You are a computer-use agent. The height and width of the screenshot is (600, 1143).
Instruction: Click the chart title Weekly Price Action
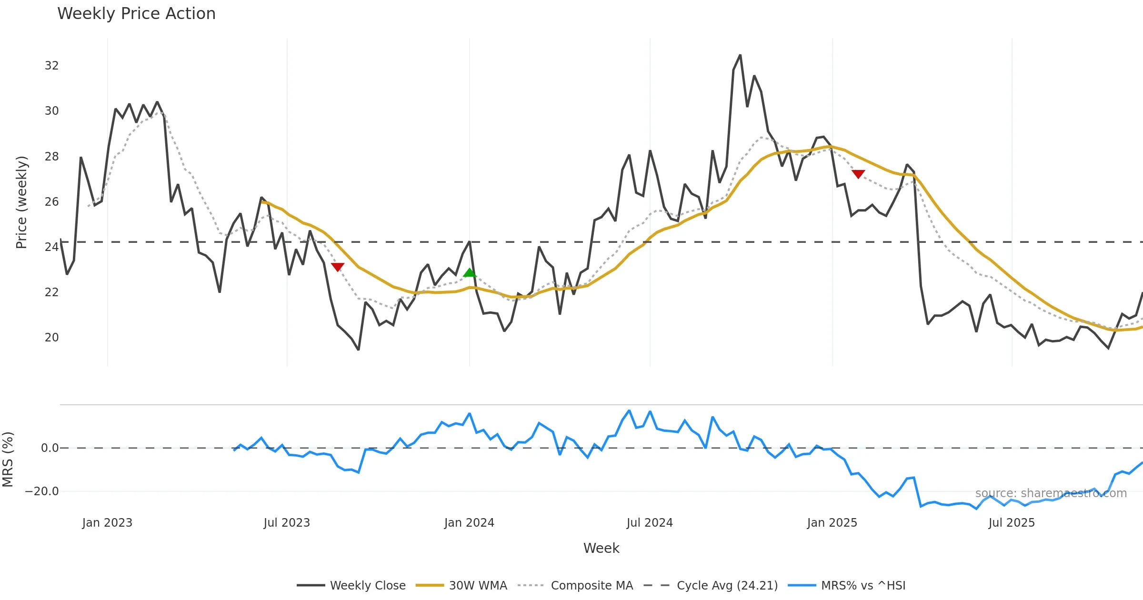click(136, 14)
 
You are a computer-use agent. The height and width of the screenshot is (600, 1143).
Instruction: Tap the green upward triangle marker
click(470, 272)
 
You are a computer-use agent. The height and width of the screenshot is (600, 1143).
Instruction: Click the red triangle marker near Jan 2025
click(858, 174)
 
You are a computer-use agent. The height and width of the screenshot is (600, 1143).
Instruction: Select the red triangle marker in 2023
click(338, 267)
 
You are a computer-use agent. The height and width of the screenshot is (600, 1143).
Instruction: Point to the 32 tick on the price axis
click(51, 66)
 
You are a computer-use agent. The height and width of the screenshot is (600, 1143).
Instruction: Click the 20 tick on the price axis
click(51, 338)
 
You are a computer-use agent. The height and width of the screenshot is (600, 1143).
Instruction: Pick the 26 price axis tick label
click(51, 202)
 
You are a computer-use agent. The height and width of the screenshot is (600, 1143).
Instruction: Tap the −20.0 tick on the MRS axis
click(42, 491)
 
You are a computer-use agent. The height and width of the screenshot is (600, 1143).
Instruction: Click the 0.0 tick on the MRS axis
click(50, 448)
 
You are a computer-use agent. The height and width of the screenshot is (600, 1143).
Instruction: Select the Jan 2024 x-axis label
click(469, 523)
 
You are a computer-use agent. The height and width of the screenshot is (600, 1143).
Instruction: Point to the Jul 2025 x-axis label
click(1012, 523)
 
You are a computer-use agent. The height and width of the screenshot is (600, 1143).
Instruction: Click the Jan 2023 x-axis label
click(107, 523)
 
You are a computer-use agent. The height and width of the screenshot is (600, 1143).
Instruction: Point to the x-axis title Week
click(601, 548)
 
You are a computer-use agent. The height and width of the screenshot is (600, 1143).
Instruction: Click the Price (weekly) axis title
click(22, 202)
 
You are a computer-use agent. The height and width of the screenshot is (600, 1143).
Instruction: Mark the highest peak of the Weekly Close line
click(740, 55)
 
